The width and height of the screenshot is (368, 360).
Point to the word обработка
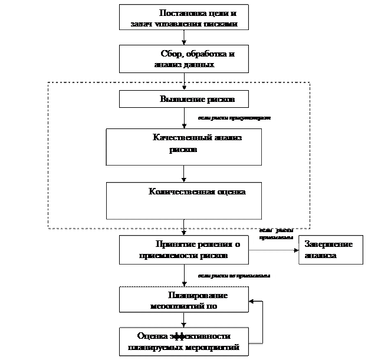204,54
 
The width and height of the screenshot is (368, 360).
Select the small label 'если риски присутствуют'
234,118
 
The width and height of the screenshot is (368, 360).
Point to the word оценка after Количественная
230,191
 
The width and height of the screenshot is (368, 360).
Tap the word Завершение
328,245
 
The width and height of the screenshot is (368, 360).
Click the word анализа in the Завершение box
321,256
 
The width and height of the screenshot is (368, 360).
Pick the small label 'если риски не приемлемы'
234,276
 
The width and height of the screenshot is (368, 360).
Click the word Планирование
198,295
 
